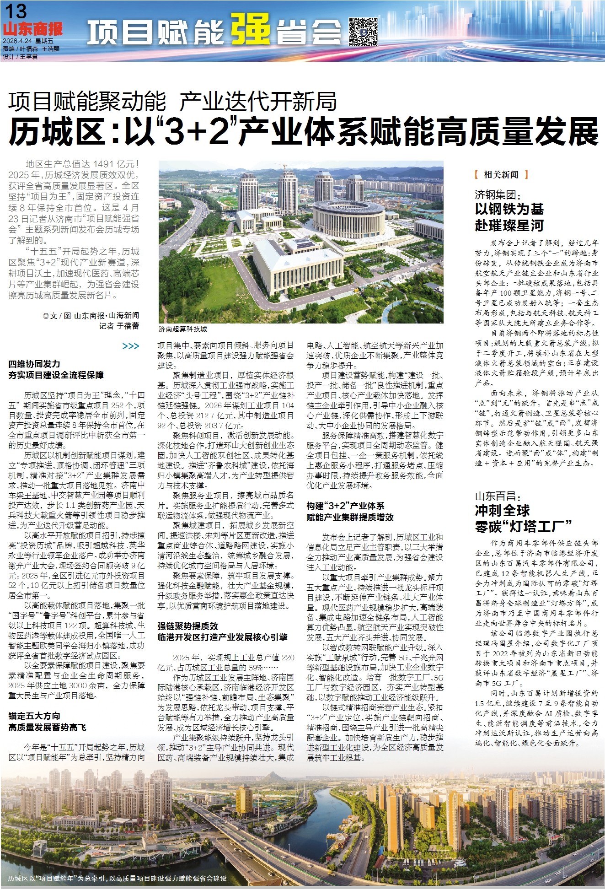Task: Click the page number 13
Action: point(15,11)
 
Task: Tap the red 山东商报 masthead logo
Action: point(32,30)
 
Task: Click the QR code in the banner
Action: point(363,32)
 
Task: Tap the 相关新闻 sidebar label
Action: point(501,175)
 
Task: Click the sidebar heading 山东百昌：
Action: point(498,496)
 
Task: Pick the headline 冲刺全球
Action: point(502,511)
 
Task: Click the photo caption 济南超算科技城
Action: point(183,329)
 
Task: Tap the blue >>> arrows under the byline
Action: point(131,346)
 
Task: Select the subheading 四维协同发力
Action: point(34,364)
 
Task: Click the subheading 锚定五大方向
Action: point(34,716)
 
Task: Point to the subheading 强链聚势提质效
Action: point(188,626)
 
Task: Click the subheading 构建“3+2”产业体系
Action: point(345,506)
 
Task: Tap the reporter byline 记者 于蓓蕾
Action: point(119,326)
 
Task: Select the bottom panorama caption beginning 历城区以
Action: point(117,879)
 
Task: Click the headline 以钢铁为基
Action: point(509,209)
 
